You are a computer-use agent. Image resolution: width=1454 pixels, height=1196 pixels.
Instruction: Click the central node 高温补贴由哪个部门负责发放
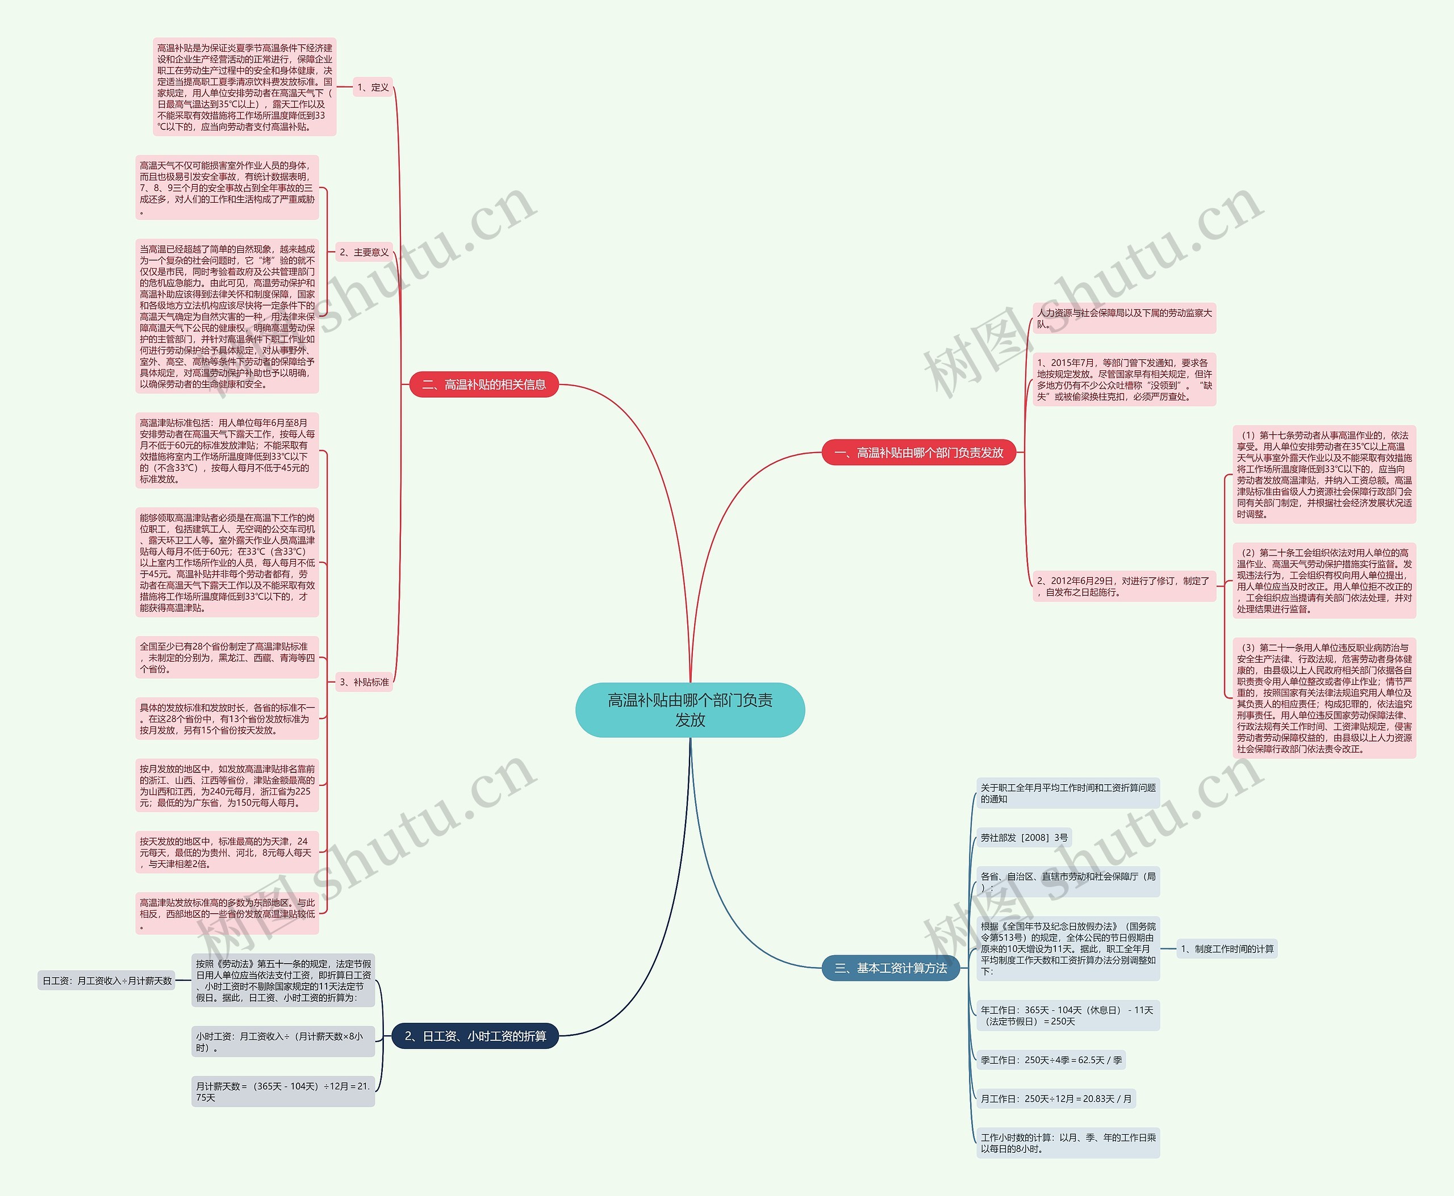point(690,710)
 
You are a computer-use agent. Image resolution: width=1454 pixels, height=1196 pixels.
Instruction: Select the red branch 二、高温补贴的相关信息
point(484,384)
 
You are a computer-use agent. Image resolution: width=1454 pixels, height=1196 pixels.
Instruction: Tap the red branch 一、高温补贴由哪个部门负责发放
point(918,453)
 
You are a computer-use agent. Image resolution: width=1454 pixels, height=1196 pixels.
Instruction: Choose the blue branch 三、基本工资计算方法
point(891,968)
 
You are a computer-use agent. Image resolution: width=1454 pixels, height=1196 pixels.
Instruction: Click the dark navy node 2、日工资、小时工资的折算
point(475,1035)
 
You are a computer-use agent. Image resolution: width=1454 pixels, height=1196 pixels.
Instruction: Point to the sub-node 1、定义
point(373,87)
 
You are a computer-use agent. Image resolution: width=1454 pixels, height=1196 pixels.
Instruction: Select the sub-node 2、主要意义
point(364,252)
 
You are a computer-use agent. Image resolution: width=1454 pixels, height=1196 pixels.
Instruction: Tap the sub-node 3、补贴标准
point(364,682)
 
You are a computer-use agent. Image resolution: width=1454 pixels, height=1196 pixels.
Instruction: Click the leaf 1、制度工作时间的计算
point(1227,948)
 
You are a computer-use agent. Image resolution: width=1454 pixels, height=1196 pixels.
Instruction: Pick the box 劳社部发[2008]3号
point(1024,838)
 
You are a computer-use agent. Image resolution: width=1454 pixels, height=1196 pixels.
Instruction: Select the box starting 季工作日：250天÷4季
point(1051,1060)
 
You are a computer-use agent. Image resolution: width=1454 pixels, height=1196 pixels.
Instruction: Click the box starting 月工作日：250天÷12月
point(1056,1098)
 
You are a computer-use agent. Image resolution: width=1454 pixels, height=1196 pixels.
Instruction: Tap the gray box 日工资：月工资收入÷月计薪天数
point(107,980)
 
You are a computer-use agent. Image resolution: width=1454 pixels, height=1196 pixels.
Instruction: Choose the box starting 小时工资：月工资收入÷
point(282,1042)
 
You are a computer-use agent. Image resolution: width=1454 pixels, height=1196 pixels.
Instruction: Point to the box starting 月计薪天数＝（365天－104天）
point(282,1092)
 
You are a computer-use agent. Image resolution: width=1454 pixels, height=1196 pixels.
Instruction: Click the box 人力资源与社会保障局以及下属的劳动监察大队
point(1124,318)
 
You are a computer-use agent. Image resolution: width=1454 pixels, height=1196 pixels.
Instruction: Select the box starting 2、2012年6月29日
point(1124,586)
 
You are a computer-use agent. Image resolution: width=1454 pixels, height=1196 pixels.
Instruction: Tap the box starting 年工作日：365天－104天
point(1067,1015)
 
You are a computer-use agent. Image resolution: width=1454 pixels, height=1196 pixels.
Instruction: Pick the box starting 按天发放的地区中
point(227,852)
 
